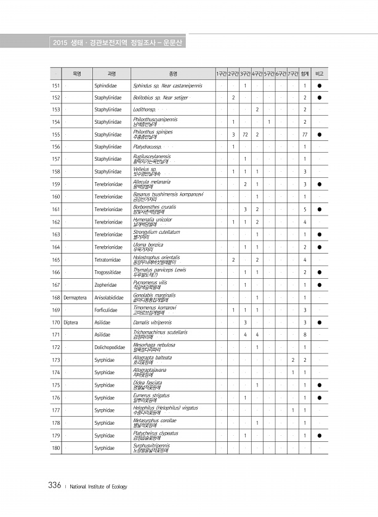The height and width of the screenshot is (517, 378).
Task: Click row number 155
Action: [x=56, y=134]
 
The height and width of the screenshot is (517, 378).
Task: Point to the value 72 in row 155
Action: [x=245, y=134]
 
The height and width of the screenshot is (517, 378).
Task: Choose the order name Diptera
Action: [x=70, y=322]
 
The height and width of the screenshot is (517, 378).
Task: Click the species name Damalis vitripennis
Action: [x=152, y=322]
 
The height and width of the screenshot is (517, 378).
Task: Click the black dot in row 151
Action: [x=320, y=85]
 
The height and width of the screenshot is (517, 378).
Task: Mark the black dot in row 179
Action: [x=320, y=435]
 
